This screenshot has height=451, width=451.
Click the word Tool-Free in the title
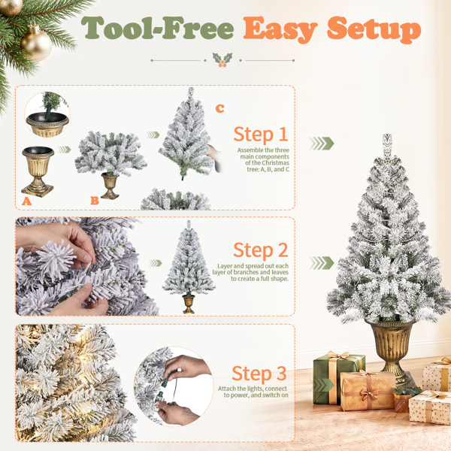point(157,28)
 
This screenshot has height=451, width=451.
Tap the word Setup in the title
point(374,29)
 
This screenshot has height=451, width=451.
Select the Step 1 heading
point(261,135)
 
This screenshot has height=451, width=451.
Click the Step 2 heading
point(260,250)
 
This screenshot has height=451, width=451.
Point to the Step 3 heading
point(259,374)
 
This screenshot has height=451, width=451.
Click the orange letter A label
point(27,201)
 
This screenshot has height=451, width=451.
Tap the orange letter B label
point(95,201)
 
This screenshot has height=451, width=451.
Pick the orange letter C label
point(219,108)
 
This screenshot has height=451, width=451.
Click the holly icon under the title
point(222,60)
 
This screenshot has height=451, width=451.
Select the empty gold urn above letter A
point(38,171)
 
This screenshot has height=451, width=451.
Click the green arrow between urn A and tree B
point(65,150)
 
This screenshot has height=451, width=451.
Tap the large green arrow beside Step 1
point(322,144)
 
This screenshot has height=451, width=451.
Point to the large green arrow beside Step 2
point(322,262)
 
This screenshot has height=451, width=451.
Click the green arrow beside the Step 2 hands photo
point(156,263)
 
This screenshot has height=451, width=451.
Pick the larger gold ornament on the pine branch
point(36,44)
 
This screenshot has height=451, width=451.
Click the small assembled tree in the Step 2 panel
point(189,267)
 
